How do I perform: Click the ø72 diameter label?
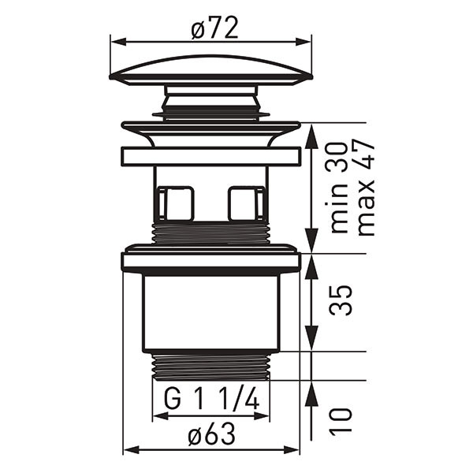tap(214, 28)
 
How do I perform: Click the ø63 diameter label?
tap(211, 434)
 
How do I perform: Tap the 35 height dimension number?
tap(341, 300)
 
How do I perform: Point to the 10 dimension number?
tap(341, 422)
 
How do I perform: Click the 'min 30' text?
tap(337, 187)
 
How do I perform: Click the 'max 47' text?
tap(366, 187)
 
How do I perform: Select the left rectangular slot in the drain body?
tap(176, 203)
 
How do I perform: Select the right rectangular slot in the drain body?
tap(247, 203)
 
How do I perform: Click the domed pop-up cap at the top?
tap(211, 70)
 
